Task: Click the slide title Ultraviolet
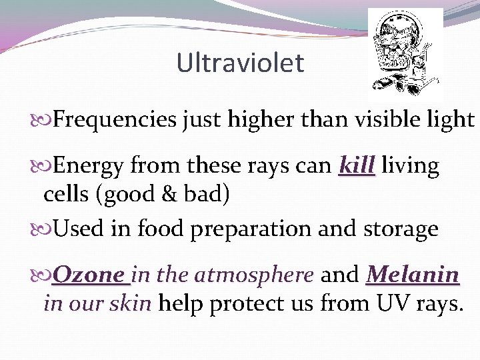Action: (x=240, y=63)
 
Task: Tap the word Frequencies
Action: (x=114, y=120)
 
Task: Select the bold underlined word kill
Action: (x=357, y=165)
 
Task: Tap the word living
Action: (x=411, y=165)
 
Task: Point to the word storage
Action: (x=399, y=229)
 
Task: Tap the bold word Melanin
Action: (x=413, y=274)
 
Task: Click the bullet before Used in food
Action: (x=46, y=229)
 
